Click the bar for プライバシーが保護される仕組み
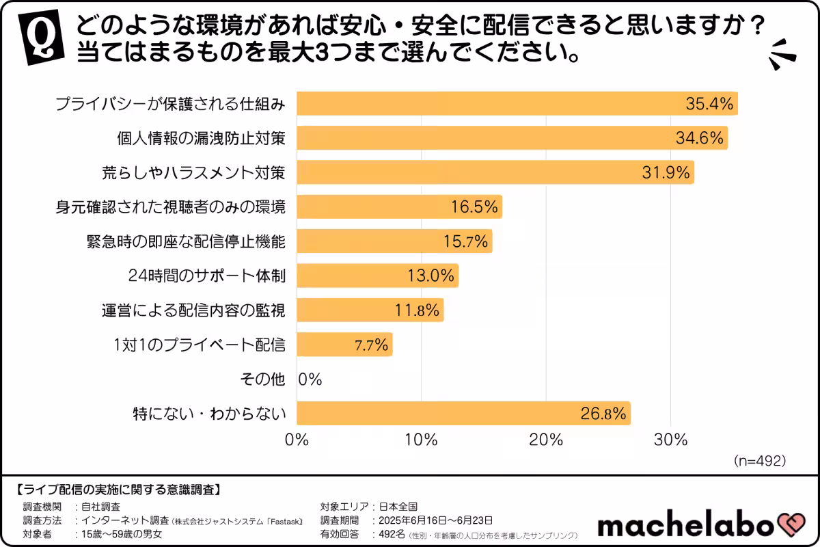click(517, 104)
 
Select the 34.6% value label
click(699, 138)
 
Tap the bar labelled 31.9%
click(495, 172)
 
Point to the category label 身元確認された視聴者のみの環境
click(170, 206)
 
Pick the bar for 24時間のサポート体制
click(378, 276)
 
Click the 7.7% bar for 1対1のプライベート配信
click(345, 345)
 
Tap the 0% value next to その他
click(310, 379)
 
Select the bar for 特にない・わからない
click(464, 413)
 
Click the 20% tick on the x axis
click(546, 440)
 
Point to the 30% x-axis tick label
click(670, 440)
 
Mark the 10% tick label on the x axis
click(422, 440)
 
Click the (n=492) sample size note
click(759, 460)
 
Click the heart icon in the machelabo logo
click(793, 525)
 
